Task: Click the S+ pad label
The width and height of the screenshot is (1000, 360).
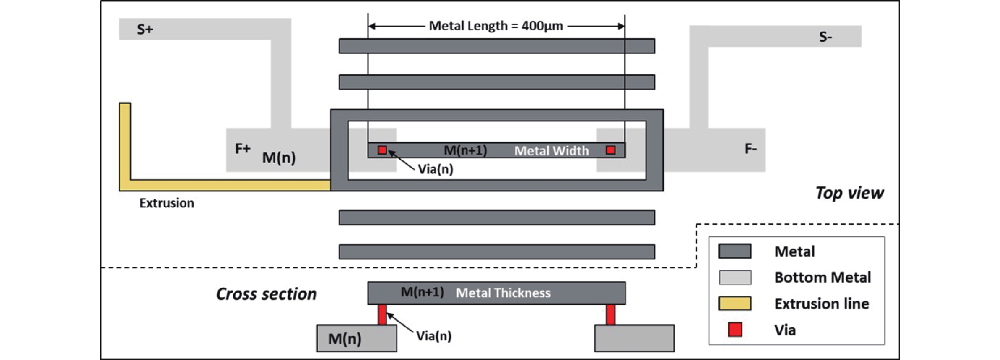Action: coord(145,30)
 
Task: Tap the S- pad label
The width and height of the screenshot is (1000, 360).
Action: coord(825,37)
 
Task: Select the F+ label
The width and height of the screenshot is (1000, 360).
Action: coord(243,148)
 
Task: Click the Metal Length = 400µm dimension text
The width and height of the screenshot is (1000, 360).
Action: coord(496,26)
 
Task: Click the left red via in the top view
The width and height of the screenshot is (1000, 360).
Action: coord(382,150)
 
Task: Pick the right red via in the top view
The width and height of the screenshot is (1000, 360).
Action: coord(611,150)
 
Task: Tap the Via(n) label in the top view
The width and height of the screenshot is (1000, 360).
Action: coord(435,169)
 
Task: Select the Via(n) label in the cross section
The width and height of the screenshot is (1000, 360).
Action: coord(434,336)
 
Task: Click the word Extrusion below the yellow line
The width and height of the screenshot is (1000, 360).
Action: coord(167,203)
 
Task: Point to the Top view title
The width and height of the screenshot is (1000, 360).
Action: coord(850,193)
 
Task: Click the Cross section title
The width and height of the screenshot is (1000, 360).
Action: coord(266,294)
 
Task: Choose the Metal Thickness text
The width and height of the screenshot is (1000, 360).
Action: coord(503,293)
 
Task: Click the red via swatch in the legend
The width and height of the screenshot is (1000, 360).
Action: coord(735,330)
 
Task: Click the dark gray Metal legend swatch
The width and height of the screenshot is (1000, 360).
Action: coord(735,251)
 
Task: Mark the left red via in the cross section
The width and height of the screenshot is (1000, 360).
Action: coord(382,315)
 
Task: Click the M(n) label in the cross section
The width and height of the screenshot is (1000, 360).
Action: coord(345,339)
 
